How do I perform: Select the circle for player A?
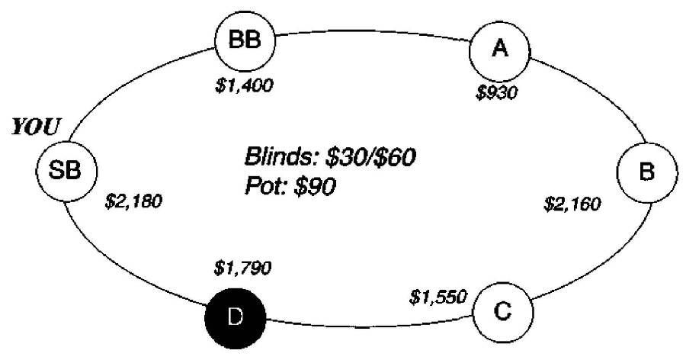(x=500, y=49)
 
